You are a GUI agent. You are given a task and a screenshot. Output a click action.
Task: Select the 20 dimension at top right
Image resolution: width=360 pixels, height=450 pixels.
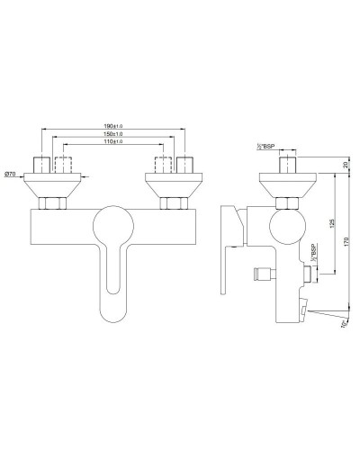pyautogui.click(x=346, y=165)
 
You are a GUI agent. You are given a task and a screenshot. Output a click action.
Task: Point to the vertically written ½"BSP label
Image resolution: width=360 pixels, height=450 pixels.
pyautogui.click(x=311, y=253)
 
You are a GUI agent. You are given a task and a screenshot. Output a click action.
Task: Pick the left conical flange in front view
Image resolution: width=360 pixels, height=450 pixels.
pyautogui.click(x=50, y=187)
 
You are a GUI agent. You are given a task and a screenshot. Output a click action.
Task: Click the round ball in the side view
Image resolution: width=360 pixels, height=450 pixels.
pyautogui.click(x=287, y=224)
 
